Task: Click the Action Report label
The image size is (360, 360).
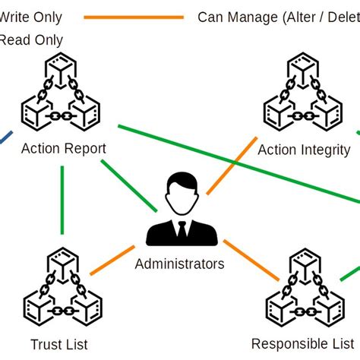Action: coord(64,148)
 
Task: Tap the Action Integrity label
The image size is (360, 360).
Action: coord(304,150)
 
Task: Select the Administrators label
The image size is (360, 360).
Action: coord(179,264)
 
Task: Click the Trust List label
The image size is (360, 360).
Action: coord(57,344)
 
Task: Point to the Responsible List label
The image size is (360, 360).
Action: coord(302,343)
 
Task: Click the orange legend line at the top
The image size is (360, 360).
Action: coord(134,17)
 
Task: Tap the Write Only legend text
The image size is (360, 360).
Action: coord(30,17)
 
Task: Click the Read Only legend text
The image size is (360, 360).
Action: coord(30,39)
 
